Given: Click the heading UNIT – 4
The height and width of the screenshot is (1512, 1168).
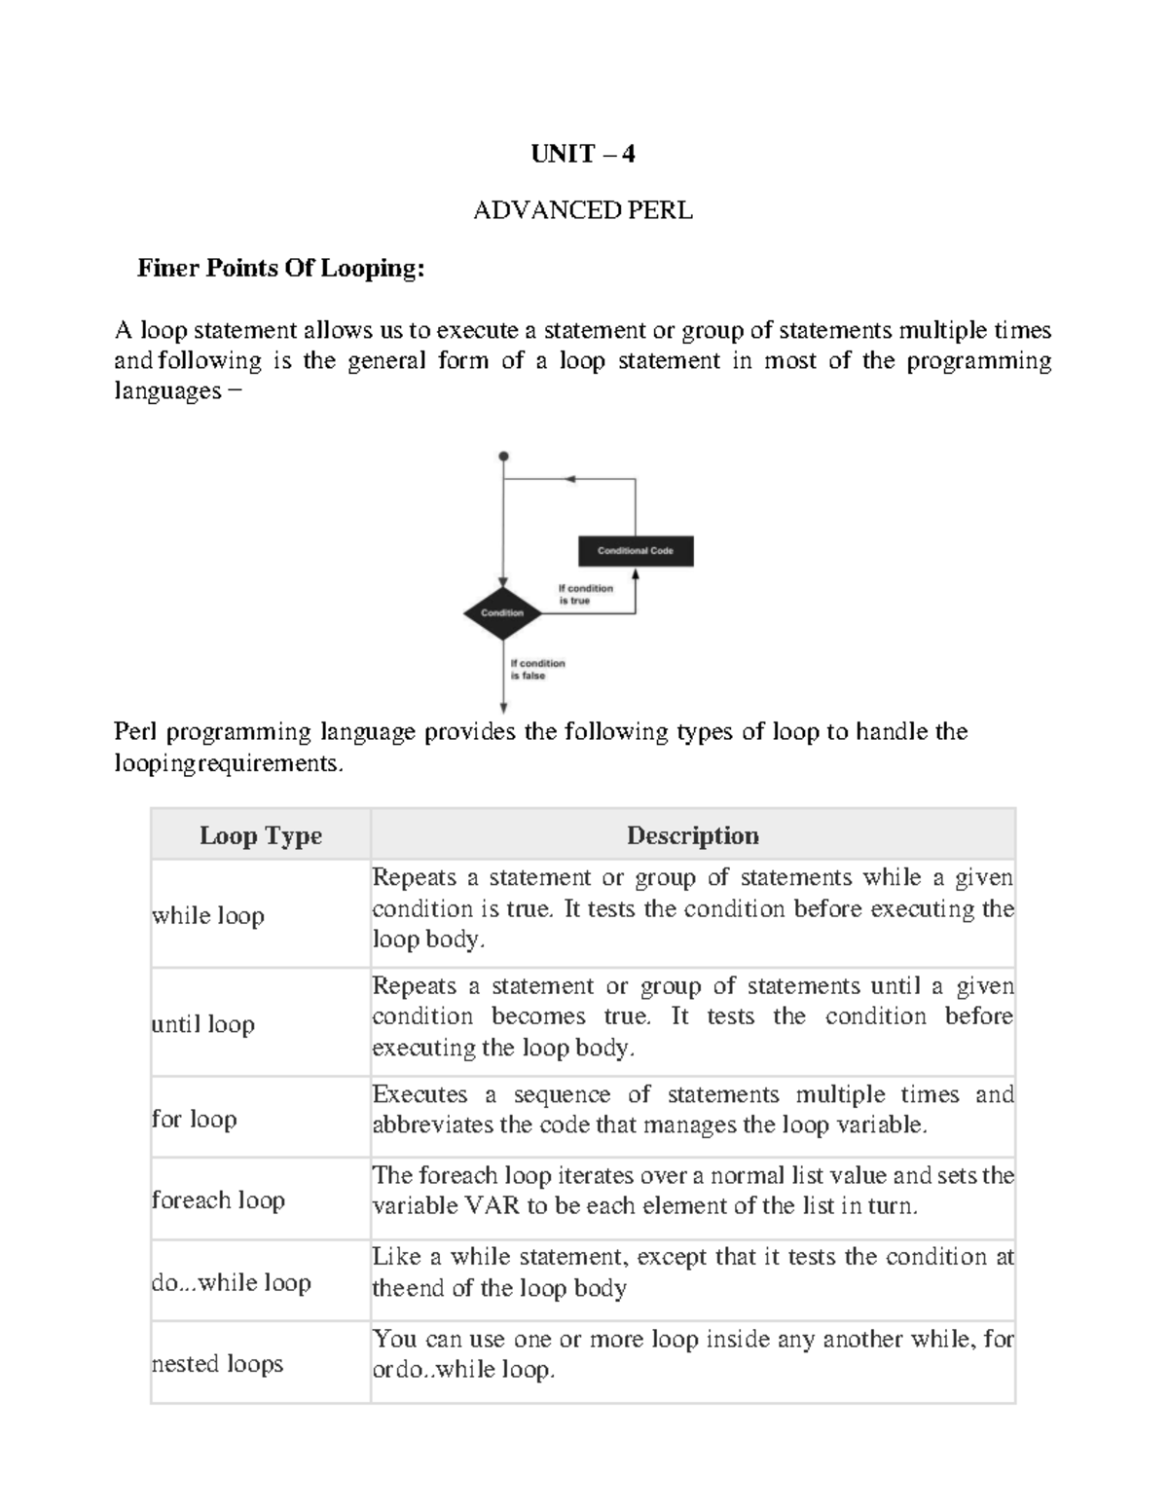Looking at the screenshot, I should click(x=582, y=154).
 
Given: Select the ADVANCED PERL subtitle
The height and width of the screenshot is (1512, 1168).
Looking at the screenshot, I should click(x=582, y=210).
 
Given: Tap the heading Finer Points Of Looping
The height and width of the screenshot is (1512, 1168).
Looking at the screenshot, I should click(x=280, y=268).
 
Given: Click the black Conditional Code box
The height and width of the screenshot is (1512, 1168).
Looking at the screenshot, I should click(x=636, y=551).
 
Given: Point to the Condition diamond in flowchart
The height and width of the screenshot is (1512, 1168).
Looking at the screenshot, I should click(x=502, y=613).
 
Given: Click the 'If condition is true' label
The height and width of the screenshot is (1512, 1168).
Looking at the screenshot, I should click(x=585, y=595).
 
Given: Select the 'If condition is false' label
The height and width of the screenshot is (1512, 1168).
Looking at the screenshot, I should click(x=537, y=670).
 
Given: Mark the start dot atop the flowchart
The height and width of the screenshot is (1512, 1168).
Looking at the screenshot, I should click(x=503, y=456).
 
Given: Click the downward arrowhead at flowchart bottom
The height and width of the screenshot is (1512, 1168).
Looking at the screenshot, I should click(x=503, y=708).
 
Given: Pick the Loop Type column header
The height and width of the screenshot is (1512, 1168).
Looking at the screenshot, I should click(x=260, y=835).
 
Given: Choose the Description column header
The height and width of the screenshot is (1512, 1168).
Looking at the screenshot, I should click(x=692, y=835).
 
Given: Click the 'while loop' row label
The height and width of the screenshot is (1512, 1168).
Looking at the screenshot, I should click(x=207, y=916).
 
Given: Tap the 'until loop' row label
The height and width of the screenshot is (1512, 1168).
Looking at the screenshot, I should click(x=202, y=1024).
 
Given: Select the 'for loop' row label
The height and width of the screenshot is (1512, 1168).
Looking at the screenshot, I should click(x=194, y=1119).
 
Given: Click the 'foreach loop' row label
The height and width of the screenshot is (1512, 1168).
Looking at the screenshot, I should click(x=218, y=1199).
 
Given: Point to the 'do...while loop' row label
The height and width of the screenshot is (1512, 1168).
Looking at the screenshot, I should click(x=231, y=1282).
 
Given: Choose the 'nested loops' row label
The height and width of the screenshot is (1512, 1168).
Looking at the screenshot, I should click(x=217, y=1363).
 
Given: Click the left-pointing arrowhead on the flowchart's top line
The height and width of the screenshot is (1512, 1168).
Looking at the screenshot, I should click(x=570, y=479).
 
